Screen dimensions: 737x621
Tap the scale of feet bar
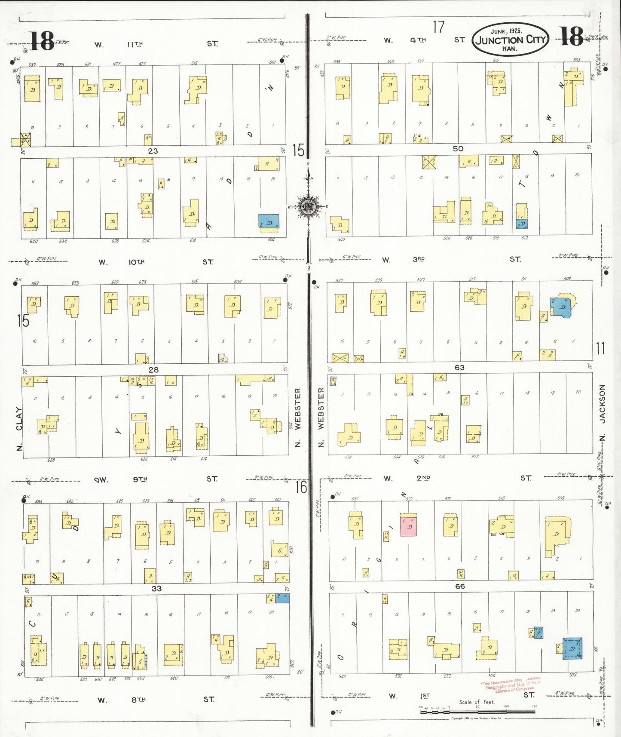coord(477,711)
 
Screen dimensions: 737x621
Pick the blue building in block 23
coord(269,221)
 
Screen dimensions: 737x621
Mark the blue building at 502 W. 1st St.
coord(572,648)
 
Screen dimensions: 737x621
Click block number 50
coord(458,148)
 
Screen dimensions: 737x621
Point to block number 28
coord(153,370)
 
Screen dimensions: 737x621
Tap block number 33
coord(156,588)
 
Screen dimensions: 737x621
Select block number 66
coord(460,586)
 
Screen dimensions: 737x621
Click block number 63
coord(459,368)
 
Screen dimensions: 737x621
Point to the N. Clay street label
coord(19,429)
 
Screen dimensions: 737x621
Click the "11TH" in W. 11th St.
coord(135,44)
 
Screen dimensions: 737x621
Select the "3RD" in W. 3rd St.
coord(419,259)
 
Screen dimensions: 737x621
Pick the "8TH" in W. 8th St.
coord(138,700)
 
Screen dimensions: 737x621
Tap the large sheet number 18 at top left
coord(42,41)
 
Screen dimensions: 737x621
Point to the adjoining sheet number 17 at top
coord(438,27)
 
